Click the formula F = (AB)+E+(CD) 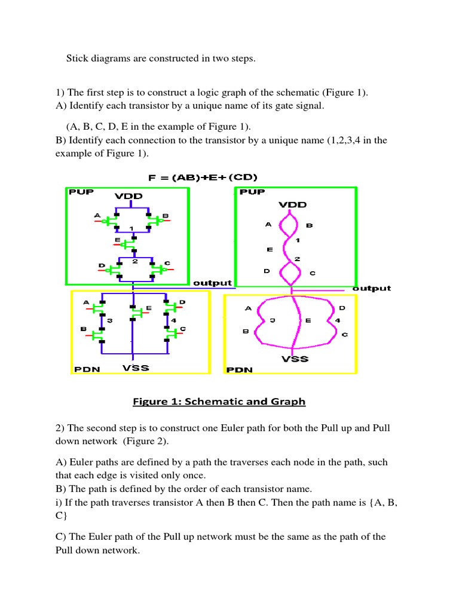(202, 178)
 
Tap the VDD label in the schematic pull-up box (129, 196)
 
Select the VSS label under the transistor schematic (136, 368)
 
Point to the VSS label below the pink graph (295, 359)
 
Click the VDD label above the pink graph (292, 204)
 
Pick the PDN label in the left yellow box (87, 369)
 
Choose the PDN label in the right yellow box (239, 370)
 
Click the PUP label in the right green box (252, 192)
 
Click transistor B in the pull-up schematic (157, 221)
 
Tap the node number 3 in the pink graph (272, 320)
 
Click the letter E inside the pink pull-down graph (308, 320)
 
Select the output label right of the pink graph (372, 288)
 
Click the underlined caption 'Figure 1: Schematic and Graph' (219, 402)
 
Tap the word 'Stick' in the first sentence (76, 59)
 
